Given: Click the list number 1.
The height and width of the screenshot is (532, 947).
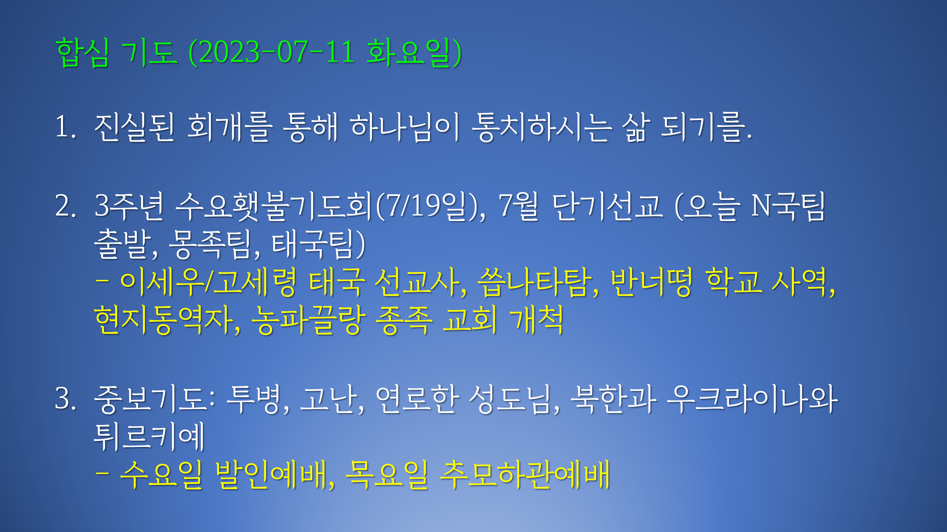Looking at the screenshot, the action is pyautogui.click(x=65, y=127).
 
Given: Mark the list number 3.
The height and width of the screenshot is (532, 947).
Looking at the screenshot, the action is pyautogui.click(x=65, y=399).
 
